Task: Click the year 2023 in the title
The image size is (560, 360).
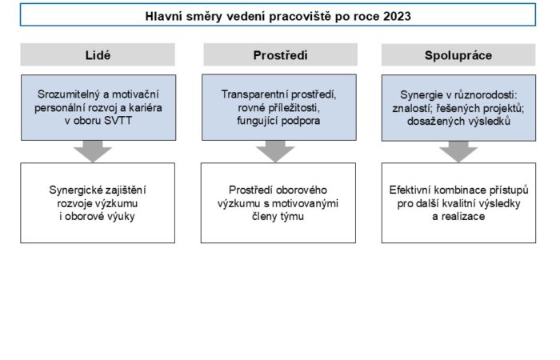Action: (397, 17)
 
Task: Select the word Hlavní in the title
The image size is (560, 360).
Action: (164, 17)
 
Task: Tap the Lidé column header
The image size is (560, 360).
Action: (98, 55)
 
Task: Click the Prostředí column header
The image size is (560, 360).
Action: (280, 55)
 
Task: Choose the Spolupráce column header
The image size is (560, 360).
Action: (458, 55)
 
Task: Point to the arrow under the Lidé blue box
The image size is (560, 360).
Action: (93, 151)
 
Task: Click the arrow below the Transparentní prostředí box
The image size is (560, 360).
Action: (275, 151)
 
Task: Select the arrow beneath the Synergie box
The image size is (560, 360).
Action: (458, 151)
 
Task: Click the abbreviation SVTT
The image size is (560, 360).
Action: (118, 121)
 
